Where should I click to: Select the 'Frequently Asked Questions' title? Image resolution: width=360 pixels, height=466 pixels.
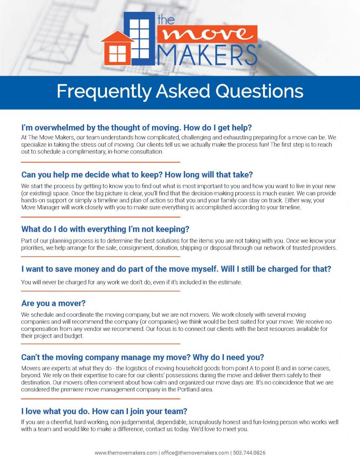pyautogui.click(x=180, y=91)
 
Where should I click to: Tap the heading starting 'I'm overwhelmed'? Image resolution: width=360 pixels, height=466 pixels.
pyautogui.click(x=132, y=127)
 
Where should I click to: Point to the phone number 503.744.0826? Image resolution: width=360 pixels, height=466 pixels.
pyautogui.click(x=249, y=453)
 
